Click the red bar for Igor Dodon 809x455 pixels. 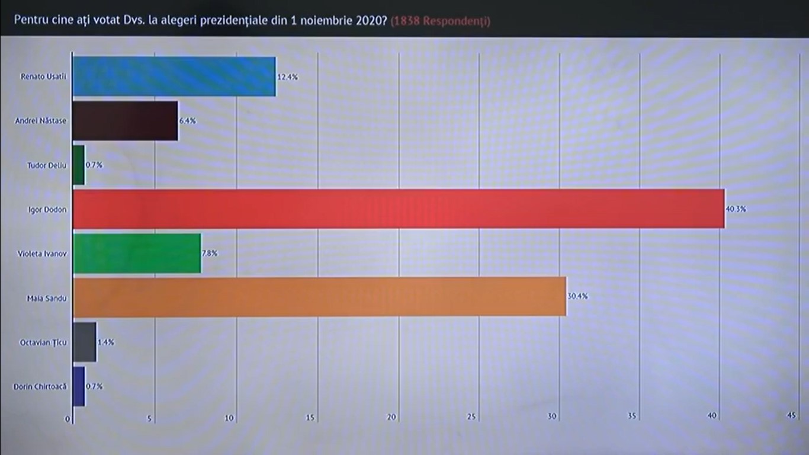[x=398, y=209]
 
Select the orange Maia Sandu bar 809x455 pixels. [x=319, y=297]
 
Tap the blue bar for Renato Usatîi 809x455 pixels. [x=174, y=76]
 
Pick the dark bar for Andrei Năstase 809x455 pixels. [x=125, y=121]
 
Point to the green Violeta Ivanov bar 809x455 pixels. [x=137, y=253]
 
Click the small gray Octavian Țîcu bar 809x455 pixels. [x=84, y=342]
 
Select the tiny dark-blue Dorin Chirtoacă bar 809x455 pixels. [x=79, y=386]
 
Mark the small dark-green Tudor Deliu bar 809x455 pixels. [x=79, y=165]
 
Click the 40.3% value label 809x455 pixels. [x=736, y=209]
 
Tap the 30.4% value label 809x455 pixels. [x=577, y=297]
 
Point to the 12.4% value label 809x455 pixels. [x=287, y=77]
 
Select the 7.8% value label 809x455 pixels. [x=210, y=253]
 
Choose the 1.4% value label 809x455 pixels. [x=106, y=342]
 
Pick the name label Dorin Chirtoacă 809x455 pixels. [x=40, y=386]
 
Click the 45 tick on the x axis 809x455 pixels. [x=790, y=416]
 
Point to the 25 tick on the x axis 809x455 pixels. [x=472, y=416]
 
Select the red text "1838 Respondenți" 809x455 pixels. [x=441, y=21]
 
